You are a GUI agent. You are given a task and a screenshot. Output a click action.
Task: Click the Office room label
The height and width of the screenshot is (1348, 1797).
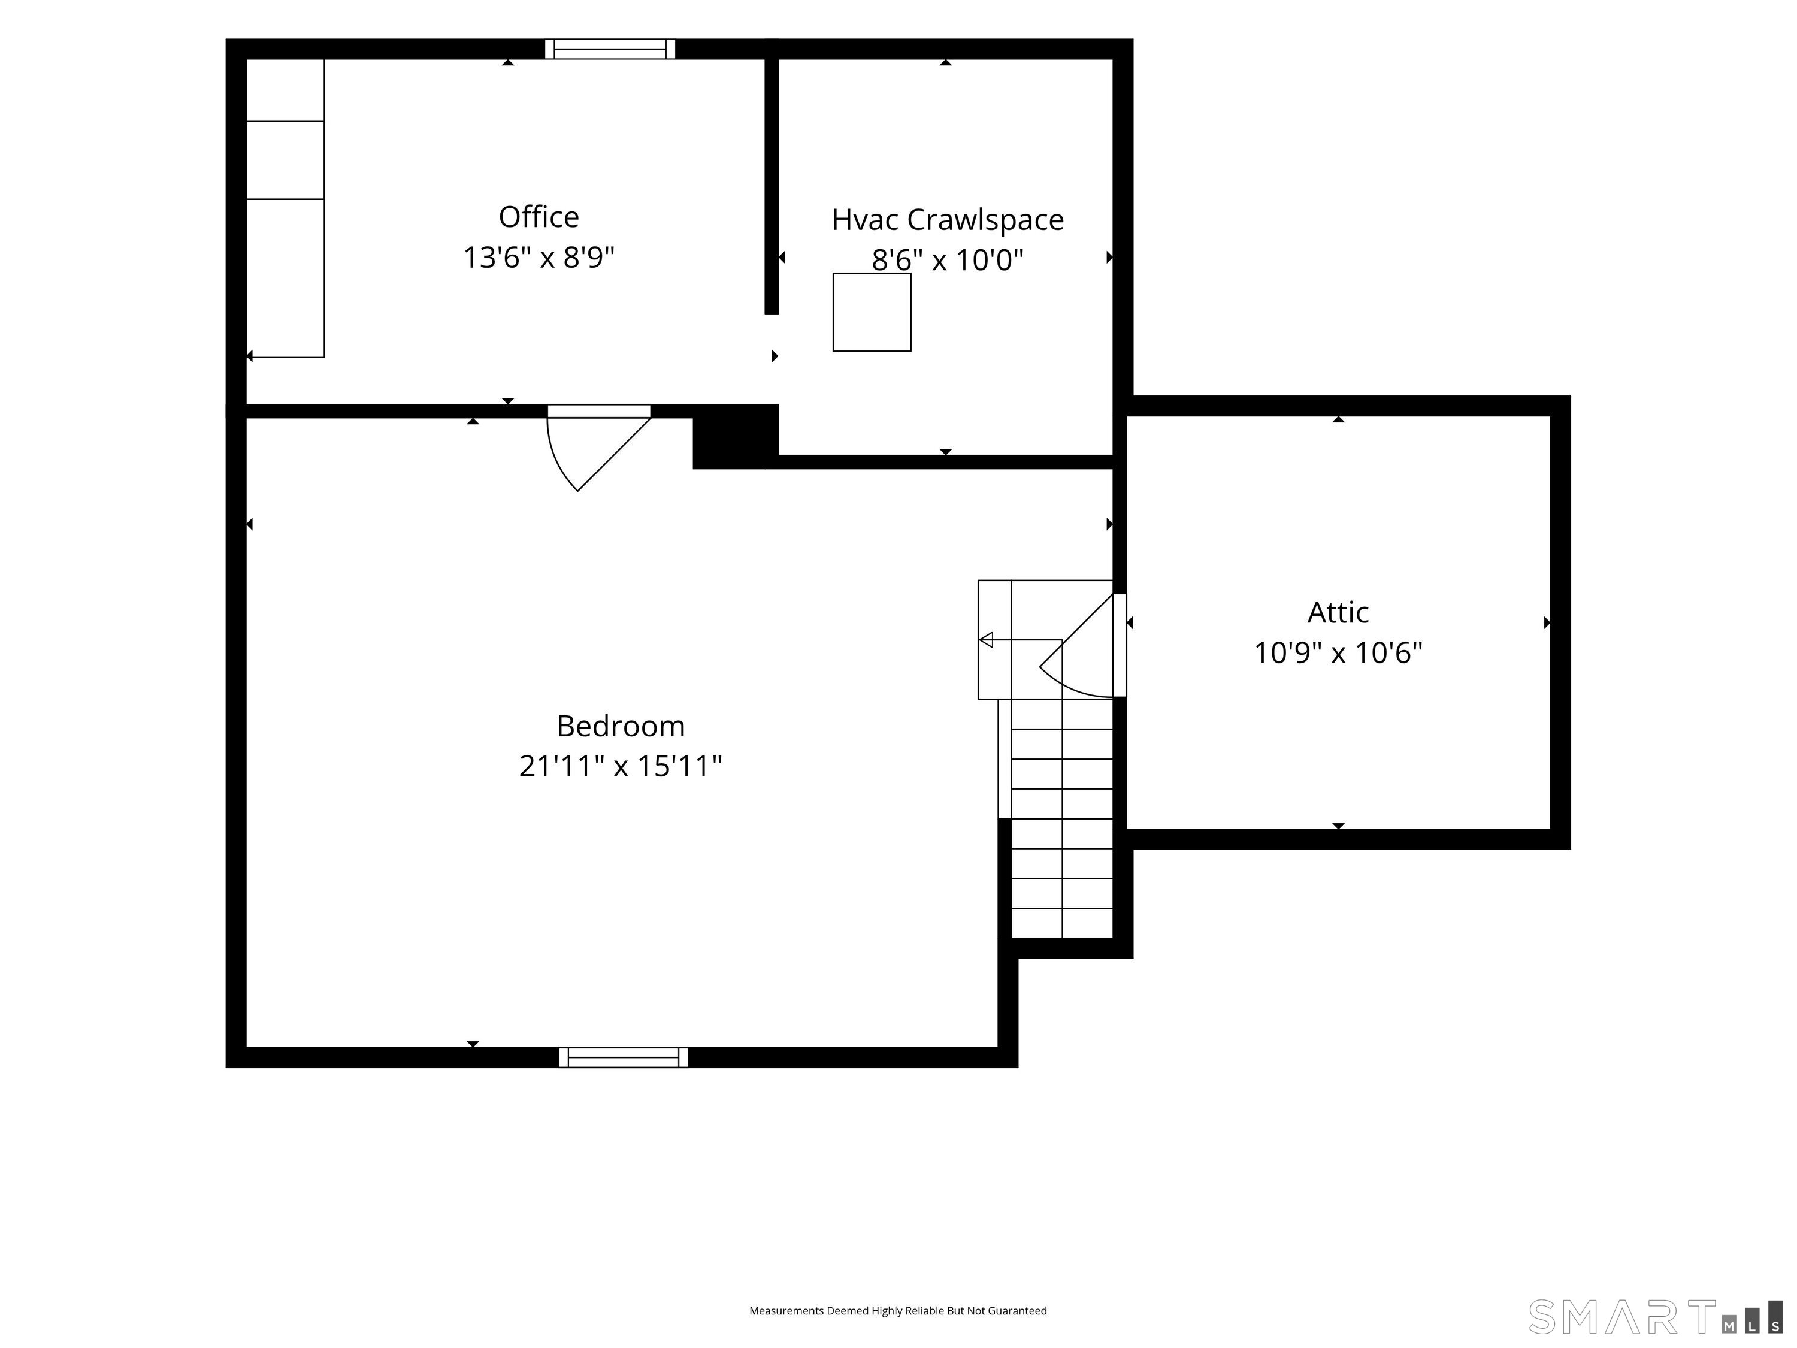539,217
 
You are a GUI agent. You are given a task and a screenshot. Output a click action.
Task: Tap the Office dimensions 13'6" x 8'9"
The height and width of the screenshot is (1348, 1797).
539,258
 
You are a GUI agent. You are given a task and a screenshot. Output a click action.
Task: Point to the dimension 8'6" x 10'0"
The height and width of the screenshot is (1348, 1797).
947,260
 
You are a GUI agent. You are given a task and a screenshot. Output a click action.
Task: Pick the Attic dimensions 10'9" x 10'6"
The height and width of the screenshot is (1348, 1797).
1338,653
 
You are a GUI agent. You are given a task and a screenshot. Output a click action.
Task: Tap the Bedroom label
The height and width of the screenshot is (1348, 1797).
621,726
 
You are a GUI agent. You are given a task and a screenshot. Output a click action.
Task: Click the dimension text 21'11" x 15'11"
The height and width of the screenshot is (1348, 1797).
621,766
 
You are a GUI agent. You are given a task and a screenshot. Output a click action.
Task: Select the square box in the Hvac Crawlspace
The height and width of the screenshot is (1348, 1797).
872,312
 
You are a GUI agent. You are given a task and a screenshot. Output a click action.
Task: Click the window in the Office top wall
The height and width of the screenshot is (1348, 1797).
610,49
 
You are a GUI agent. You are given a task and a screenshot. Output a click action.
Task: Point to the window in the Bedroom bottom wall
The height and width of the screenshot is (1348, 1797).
623,1057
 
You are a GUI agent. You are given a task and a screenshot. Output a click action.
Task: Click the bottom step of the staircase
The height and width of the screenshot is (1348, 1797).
1062,923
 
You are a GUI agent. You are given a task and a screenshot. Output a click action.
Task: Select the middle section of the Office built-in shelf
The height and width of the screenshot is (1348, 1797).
285,160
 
